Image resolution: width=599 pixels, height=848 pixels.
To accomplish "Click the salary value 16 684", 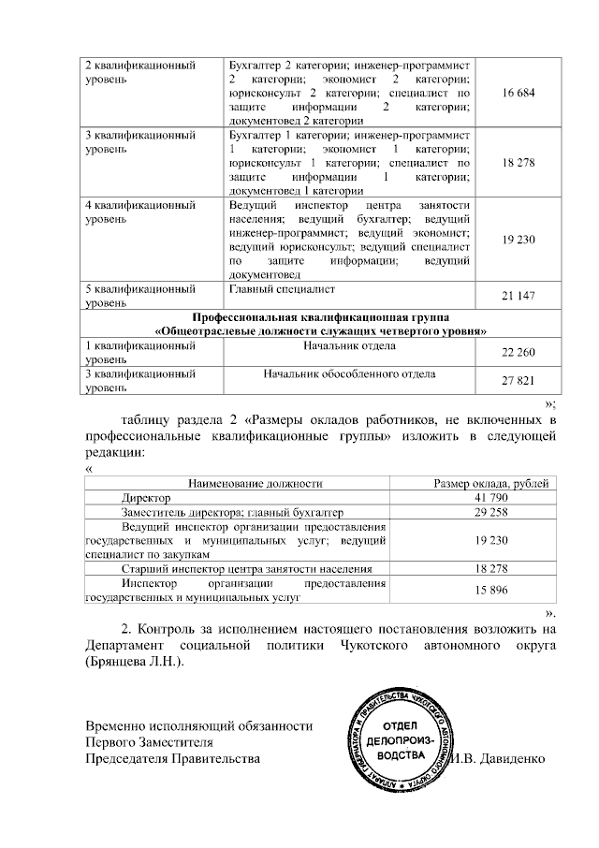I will pyautogui.click(x=518, y=95).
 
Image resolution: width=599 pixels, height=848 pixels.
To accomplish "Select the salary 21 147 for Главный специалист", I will pyautogui.click(x=518, y=297).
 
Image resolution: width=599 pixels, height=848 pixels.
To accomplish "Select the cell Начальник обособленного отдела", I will pyautogui.click(x=349, y=374).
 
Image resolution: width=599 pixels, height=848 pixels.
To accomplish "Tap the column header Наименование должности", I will pyautogui.click(x=255, y=483).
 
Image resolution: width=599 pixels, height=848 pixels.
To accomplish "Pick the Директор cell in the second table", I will pyautogui.click(x=145, y=498).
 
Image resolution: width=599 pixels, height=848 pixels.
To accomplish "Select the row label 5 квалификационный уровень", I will pyautogui.click(x=140, y=296).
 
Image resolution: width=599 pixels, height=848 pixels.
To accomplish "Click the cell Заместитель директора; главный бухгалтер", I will pyautogui.click(x=232, y=513).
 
